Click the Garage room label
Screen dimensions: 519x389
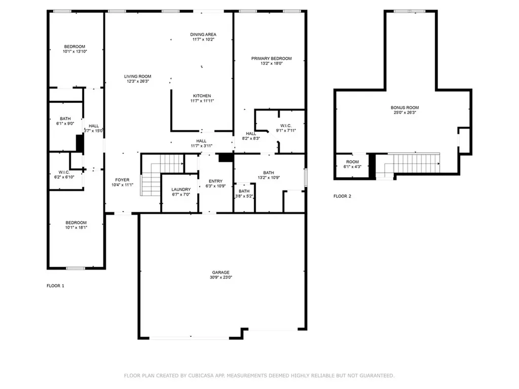[x=221, y=272]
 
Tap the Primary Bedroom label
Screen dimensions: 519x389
[x=272, y=59]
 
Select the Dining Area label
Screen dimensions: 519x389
[x=203, y=34]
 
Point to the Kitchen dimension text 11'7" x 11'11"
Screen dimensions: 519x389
[x=202, y=101]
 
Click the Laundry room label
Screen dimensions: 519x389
[x=181, y=189]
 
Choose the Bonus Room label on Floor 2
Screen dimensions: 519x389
[x=405, y=107]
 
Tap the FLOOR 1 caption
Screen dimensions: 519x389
[x=55, y=286]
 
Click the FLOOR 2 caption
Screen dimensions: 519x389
[x=342, y=196]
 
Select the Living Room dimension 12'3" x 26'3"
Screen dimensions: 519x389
[x=138, y=81]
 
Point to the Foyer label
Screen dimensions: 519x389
[x=123, y=180]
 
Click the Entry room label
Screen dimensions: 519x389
[x=216, y=181]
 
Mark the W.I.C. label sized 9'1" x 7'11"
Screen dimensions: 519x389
[x=286, y=126]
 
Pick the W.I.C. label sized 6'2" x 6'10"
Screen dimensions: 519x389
[x=64, y=172]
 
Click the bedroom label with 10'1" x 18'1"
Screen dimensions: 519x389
[x=76, y=223]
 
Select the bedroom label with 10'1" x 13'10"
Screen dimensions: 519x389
[x=75, y=47]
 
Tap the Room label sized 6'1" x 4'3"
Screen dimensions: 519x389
[x=353, y=162]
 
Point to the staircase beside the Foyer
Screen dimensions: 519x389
[x=162, y=175]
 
